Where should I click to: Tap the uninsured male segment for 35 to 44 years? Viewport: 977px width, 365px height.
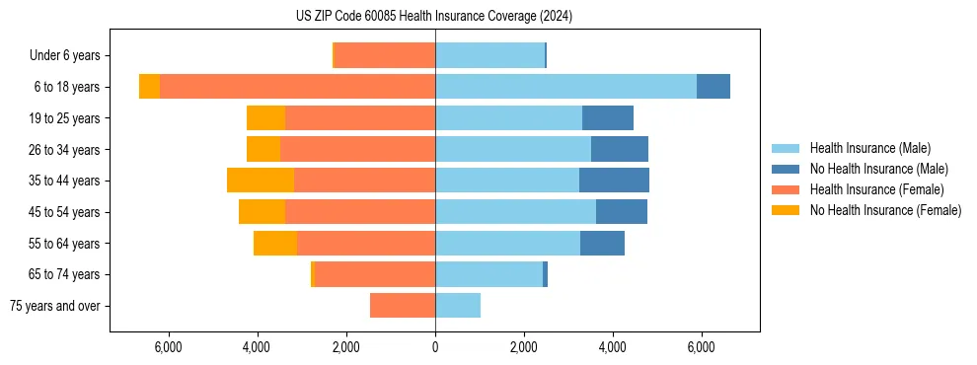(614, 181)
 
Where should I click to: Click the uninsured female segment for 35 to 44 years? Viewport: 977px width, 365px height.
(261, 181)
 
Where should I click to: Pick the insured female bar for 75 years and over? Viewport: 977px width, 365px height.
(403, 306)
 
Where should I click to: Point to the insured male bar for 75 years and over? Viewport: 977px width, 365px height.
(458, 306)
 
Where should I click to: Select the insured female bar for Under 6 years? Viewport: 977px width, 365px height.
(385, 55)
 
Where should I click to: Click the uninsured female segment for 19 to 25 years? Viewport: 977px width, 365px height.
(265, 118)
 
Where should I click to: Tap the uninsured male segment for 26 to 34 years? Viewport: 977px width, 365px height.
(620, 149)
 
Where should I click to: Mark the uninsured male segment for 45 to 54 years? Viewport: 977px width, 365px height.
(622, 212)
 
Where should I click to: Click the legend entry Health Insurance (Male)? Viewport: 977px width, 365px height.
(869, 148)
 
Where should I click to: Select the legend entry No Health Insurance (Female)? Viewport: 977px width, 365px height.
(885, 210)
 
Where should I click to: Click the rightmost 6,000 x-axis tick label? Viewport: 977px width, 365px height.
(701, 347)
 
